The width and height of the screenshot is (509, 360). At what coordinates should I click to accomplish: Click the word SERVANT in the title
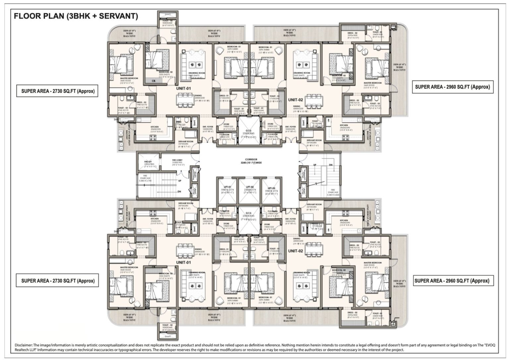point(118,16)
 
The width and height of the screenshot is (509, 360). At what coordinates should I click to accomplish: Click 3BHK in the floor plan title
point(80,16)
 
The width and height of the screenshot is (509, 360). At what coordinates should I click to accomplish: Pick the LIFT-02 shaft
point(249,191)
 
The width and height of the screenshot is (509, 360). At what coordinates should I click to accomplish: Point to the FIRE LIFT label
point(148,162)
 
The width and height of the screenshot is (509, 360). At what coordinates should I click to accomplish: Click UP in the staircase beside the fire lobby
point(179,181)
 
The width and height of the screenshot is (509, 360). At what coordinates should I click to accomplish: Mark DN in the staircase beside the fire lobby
point(179,191)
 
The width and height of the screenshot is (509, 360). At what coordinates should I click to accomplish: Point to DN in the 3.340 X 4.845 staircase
point(330,165)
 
